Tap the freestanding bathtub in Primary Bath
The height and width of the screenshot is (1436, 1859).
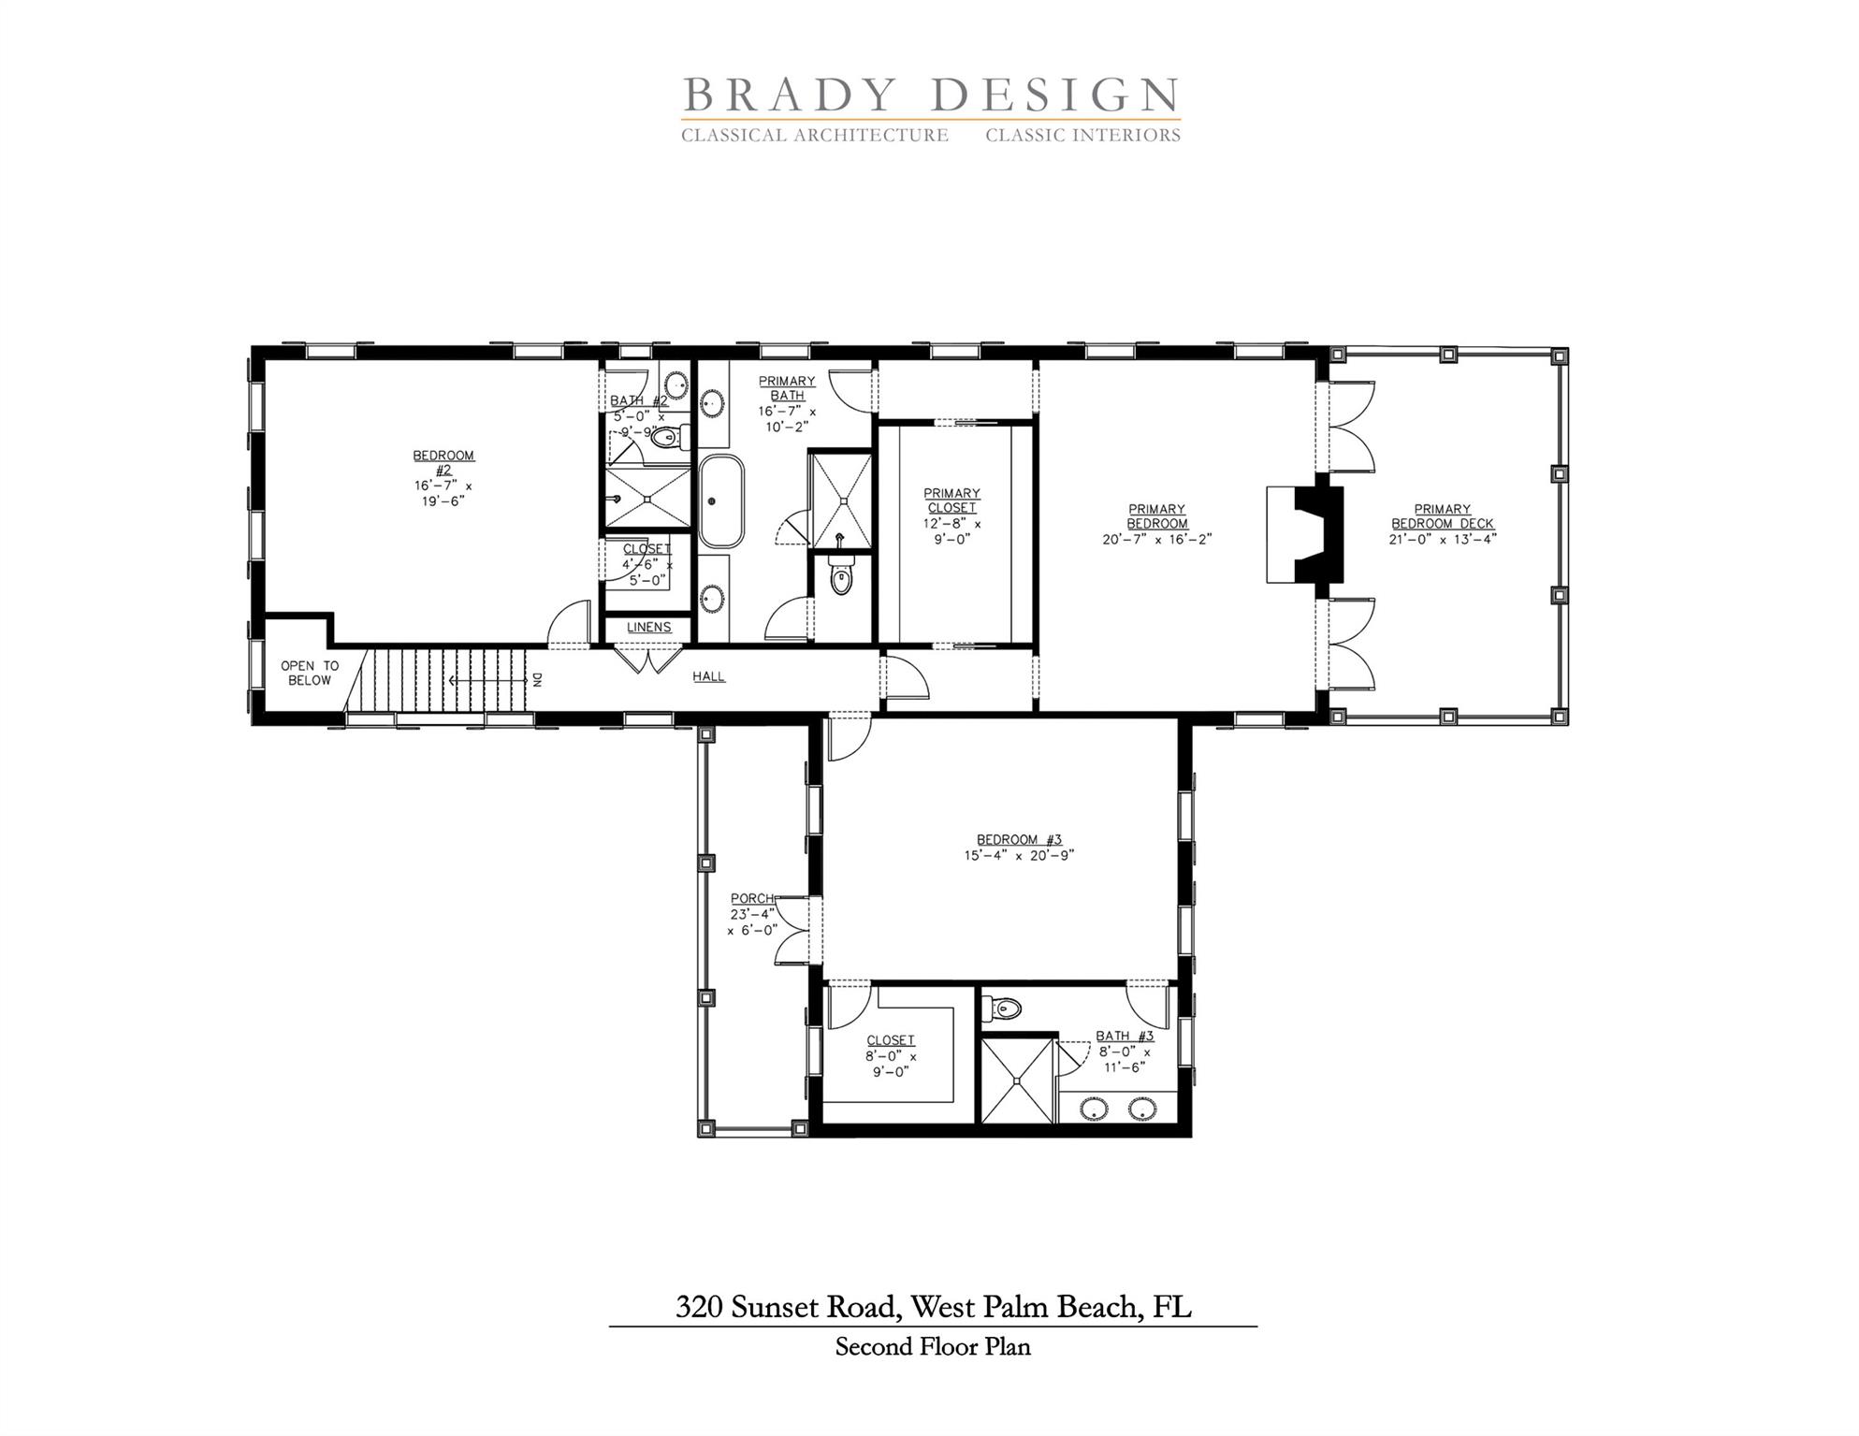(x=721, y=502)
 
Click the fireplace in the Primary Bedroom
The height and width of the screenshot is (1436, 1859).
(x=1306, y=534)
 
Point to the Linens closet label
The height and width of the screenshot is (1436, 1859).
(x=648, y=628)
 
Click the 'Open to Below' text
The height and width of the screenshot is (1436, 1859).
(x=309, y=674)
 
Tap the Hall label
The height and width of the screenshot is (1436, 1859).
(x=708, y=676)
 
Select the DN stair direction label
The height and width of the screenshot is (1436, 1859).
(x=537, y=680)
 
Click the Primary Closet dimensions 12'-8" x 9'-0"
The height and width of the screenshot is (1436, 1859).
(x=951, y=531)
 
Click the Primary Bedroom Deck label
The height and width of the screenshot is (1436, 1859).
(x=1442, y=516)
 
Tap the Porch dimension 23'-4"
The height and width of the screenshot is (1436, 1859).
(x=753, y=915)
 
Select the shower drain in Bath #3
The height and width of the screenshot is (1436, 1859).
(x=1017, y=1080)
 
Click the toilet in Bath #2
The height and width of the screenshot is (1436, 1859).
(x=666, y=438)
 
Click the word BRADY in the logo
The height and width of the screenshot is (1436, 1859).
(x=788, y=96)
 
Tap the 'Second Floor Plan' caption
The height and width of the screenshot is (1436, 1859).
(x=932, y=1346)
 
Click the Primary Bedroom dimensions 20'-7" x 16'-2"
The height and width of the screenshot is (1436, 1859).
(x=1156, y=540)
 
